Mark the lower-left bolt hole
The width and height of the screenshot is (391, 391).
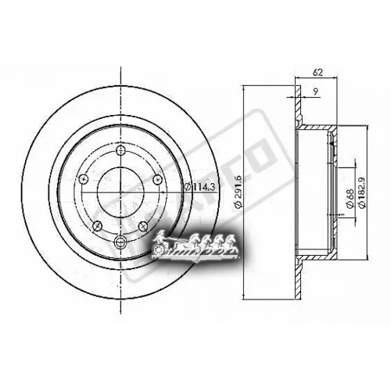(x=95, y=226)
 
